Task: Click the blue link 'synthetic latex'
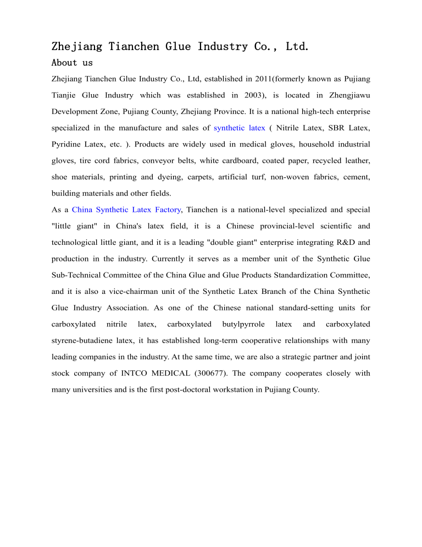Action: click(239, 128)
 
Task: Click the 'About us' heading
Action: click(72, 63)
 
